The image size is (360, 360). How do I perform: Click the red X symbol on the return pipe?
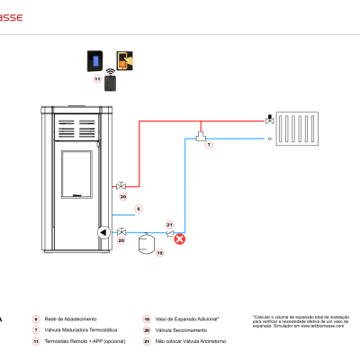click(x=179, y=238)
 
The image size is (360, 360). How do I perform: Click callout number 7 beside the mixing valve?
click(x=209, y=144)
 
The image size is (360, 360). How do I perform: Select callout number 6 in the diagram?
click(x=139, y=209)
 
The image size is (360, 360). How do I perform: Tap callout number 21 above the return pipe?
click(x=168, y=224)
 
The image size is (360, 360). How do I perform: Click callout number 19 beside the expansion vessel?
click(x=160, y=254)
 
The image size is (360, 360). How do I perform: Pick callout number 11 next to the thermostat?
click(x=98, y=79)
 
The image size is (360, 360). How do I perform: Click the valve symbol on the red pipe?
click(x=121, y=186)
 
